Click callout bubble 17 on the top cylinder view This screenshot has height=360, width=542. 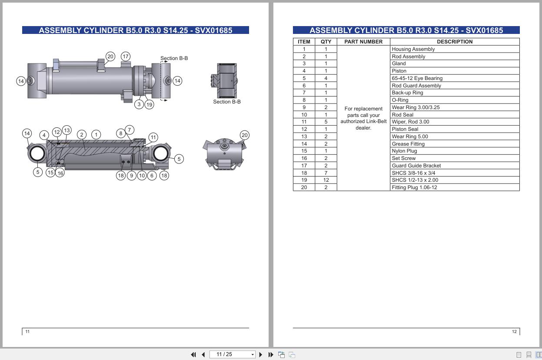coord(126,57)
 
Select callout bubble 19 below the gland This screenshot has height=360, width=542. coord(149,104)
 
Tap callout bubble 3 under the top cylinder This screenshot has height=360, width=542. coord(139,104)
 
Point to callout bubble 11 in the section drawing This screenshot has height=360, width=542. coord(153,137)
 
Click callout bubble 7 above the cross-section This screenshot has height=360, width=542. coord(129,130)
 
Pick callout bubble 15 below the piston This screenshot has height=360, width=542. coord(50,173)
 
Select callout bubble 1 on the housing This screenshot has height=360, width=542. coord(96,135)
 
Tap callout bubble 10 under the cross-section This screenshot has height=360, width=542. coord(142,176)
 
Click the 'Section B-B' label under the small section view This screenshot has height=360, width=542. coord(226,102)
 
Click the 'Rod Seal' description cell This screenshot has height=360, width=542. coord(402,115)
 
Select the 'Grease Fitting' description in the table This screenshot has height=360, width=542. coord(408,144)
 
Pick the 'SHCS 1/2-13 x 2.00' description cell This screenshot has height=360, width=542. coord(415,180)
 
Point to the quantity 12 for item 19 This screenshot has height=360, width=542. coord(326,180)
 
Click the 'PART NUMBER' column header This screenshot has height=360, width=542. coord(363,42)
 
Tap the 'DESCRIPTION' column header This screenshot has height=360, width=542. coord(455,42)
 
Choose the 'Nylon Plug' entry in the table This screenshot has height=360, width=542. coord(404,151)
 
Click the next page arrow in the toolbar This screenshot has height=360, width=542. coord(261,355)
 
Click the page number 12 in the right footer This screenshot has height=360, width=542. coord(514,332)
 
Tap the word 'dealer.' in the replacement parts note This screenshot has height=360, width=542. coord(363,128)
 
